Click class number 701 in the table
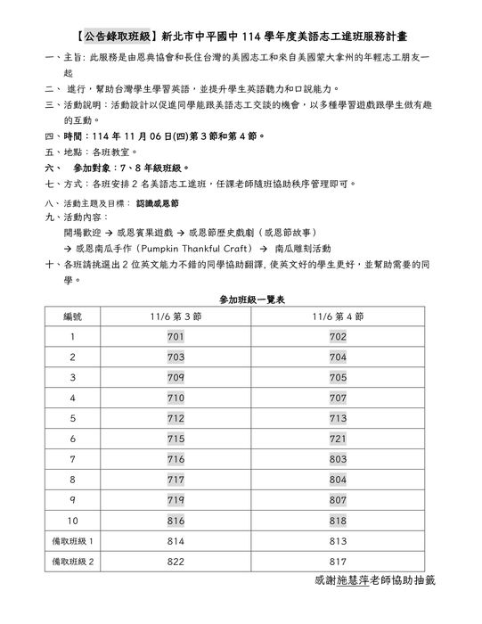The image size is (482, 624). [176, 337]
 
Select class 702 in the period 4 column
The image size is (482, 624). [338, 337]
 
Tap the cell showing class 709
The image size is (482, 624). [176, 377]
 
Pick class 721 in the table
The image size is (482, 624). [338, 439]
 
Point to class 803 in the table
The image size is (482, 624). [338, 459]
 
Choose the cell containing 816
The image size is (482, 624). [176, 520]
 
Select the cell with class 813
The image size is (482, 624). [338, 540]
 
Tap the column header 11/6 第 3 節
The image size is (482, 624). [176, 316]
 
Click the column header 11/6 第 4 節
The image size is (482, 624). [338, 316]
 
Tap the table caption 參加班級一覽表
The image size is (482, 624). [241, 299]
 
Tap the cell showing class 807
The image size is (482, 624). [338, 499]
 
